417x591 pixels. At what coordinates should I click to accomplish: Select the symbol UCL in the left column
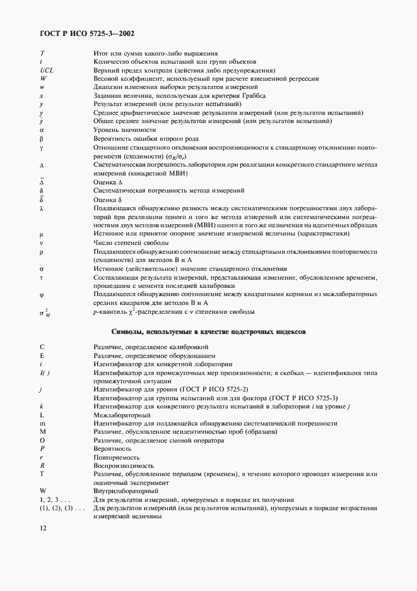pyautogui.click(x=46, y=70)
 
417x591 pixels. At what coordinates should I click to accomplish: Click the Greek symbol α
pyautogui.click(x=42, y=129)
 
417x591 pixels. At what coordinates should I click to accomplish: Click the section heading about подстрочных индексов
pyautogui.click(x=208, y=331)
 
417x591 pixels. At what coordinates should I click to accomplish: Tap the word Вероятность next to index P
pyautogui.click(x=113, y=448)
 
